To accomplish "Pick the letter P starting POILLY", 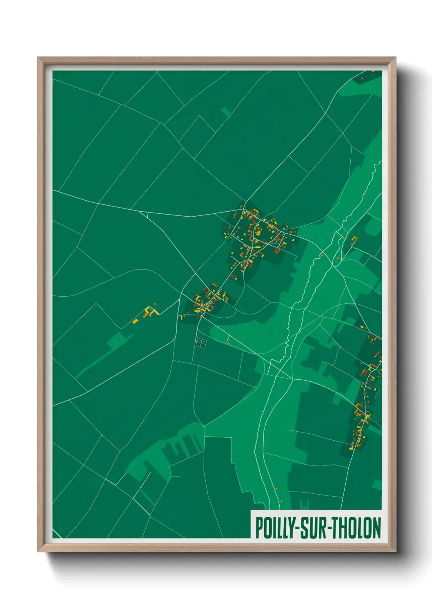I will (258, 528).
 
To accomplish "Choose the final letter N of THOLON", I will (376, 528).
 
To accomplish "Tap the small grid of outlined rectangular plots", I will (201, 342).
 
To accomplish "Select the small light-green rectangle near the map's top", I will (226, 111).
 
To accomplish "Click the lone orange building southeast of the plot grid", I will (228, 343).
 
